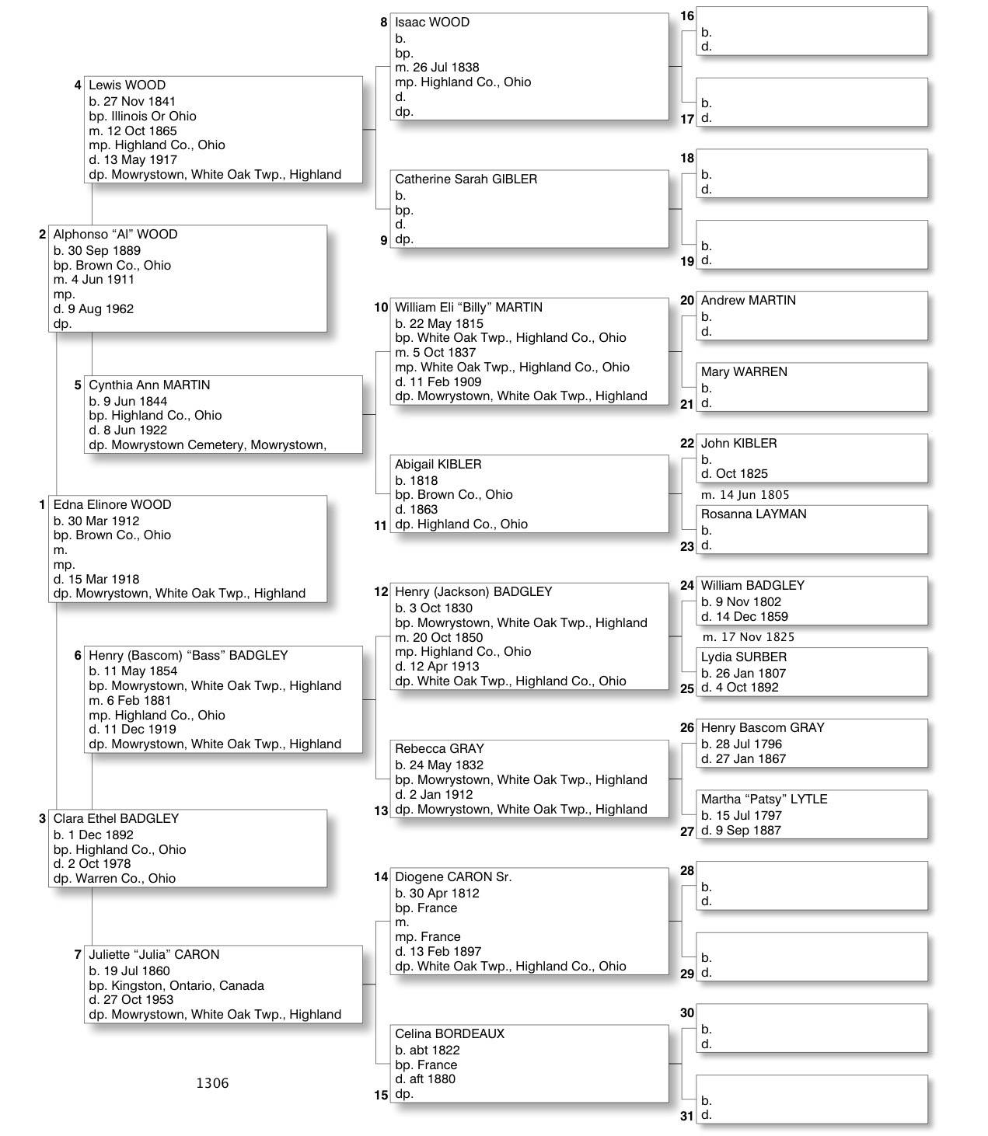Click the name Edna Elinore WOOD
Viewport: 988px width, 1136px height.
tap(112, 505)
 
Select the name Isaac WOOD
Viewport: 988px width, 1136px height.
tap(432, 23)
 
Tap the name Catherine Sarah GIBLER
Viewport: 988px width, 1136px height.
tap(466, 179)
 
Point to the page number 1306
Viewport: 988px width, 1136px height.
tap(212, 1083)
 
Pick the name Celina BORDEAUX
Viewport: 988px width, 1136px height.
tap(449, 1034)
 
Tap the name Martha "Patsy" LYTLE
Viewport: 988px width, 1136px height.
tap(763, 800)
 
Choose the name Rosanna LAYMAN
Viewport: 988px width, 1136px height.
tap(753, 514)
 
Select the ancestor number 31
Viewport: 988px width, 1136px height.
tap(686, 1117)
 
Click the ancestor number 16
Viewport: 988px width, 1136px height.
tap(687, 16)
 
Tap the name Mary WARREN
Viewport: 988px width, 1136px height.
tap(744, 372)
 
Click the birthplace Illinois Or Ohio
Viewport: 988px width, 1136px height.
tap(154, 117)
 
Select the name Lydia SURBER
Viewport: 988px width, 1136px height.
tap(743, 657)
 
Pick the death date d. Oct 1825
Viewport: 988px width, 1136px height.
tap(734, 474)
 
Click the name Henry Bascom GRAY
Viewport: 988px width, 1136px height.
tap(763, 728)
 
